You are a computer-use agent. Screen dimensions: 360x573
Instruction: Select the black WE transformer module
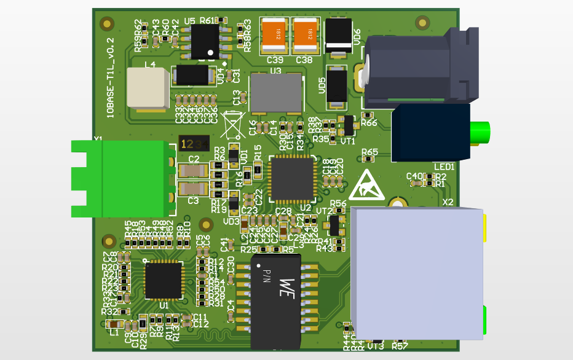point(276,301)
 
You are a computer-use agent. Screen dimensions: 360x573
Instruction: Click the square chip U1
point(164,280)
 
